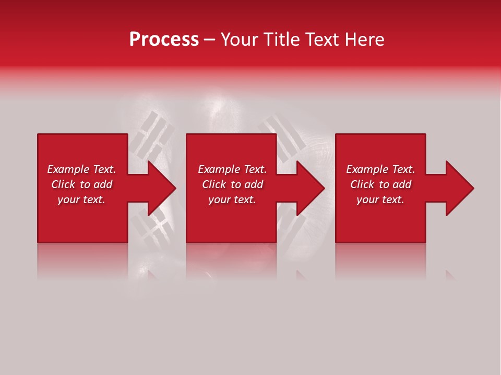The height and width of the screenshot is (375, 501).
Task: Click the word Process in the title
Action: tap(164, 40)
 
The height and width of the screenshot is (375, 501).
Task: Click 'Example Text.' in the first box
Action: tap(81, 169)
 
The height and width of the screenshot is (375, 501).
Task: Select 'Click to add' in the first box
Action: tap(81, 184)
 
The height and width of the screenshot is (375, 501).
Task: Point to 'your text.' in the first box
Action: tap(81, 199)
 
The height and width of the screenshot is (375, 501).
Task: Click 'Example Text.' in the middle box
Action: tap(232, 169)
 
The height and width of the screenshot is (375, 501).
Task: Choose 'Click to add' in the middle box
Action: tap(232, 184)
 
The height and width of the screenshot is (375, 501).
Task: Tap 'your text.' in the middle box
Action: tap(232, 199)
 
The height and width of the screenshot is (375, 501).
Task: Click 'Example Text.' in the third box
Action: tap(380, 169)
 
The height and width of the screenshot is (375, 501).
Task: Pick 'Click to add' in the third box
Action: tap(380, 184)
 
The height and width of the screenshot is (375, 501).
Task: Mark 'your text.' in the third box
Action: tap(380, 199)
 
